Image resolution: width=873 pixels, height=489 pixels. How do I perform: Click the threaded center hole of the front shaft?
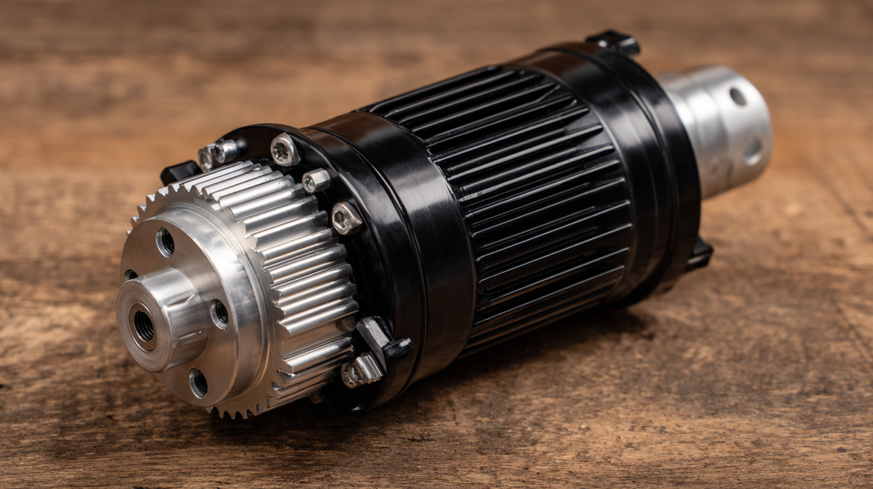(x=144, y=326)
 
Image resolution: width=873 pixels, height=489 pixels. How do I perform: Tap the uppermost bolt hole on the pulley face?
(x=165, y=242)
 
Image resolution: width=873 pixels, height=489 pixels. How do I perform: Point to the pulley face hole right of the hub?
(x=219, y=313)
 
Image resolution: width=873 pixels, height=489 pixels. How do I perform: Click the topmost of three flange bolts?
(x=284, y=149)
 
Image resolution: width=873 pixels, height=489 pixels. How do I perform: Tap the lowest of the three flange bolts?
(x=347, y=218)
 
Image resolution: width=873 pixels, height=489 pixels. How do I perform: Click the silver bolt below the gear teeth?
(x=362, y=371)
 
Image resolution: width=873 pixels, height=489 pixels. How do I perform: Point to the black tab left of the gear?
(x=179, y=172)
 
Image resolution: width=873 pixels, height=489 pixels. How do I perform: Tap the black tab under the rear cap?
(x=700, y=254)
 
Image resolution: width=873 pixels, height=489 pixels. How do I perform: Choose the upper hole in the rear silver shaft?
(x=737, y=96)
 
